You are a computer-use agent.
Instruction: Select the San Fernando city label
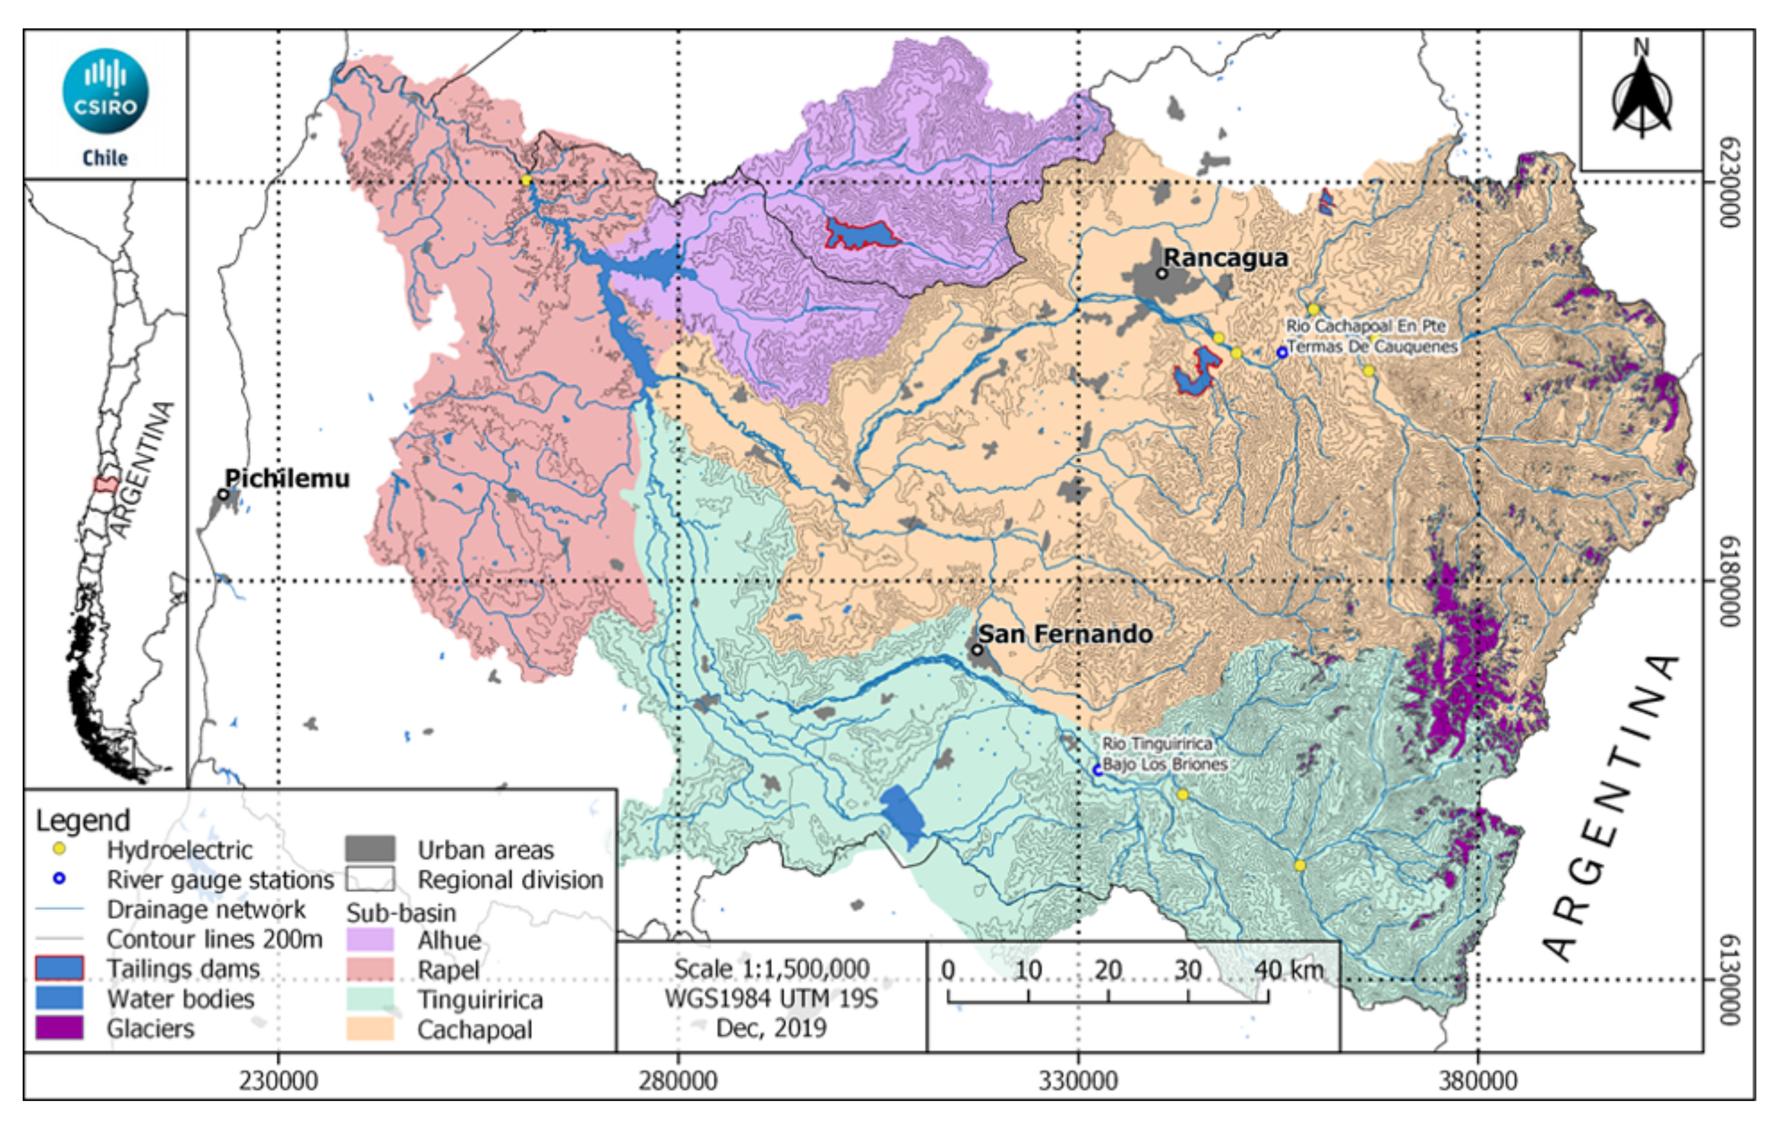coord(1065,634)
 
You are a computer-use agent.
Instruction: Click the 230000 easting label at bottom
coord(279,1081)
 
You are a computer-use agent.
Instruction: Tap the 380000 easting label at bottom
coord(1477,1081)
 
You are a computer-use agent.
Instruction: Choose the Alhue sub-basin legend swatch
coord(370,940)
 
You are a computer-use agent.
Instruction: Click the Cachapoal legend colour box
coord(370,1029)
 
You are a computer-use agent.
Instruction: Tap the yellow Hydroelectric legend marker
coord(60,849)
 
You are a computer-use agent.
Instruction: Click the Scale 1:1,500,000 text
coord(772,968)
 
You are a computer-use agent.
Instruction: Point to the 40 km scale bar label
coord(1288,970)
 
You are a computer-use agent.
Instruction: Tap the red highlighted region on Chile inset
coord(105,485)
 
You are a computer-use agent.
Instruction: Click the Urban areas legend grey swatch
coord(370,849)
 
